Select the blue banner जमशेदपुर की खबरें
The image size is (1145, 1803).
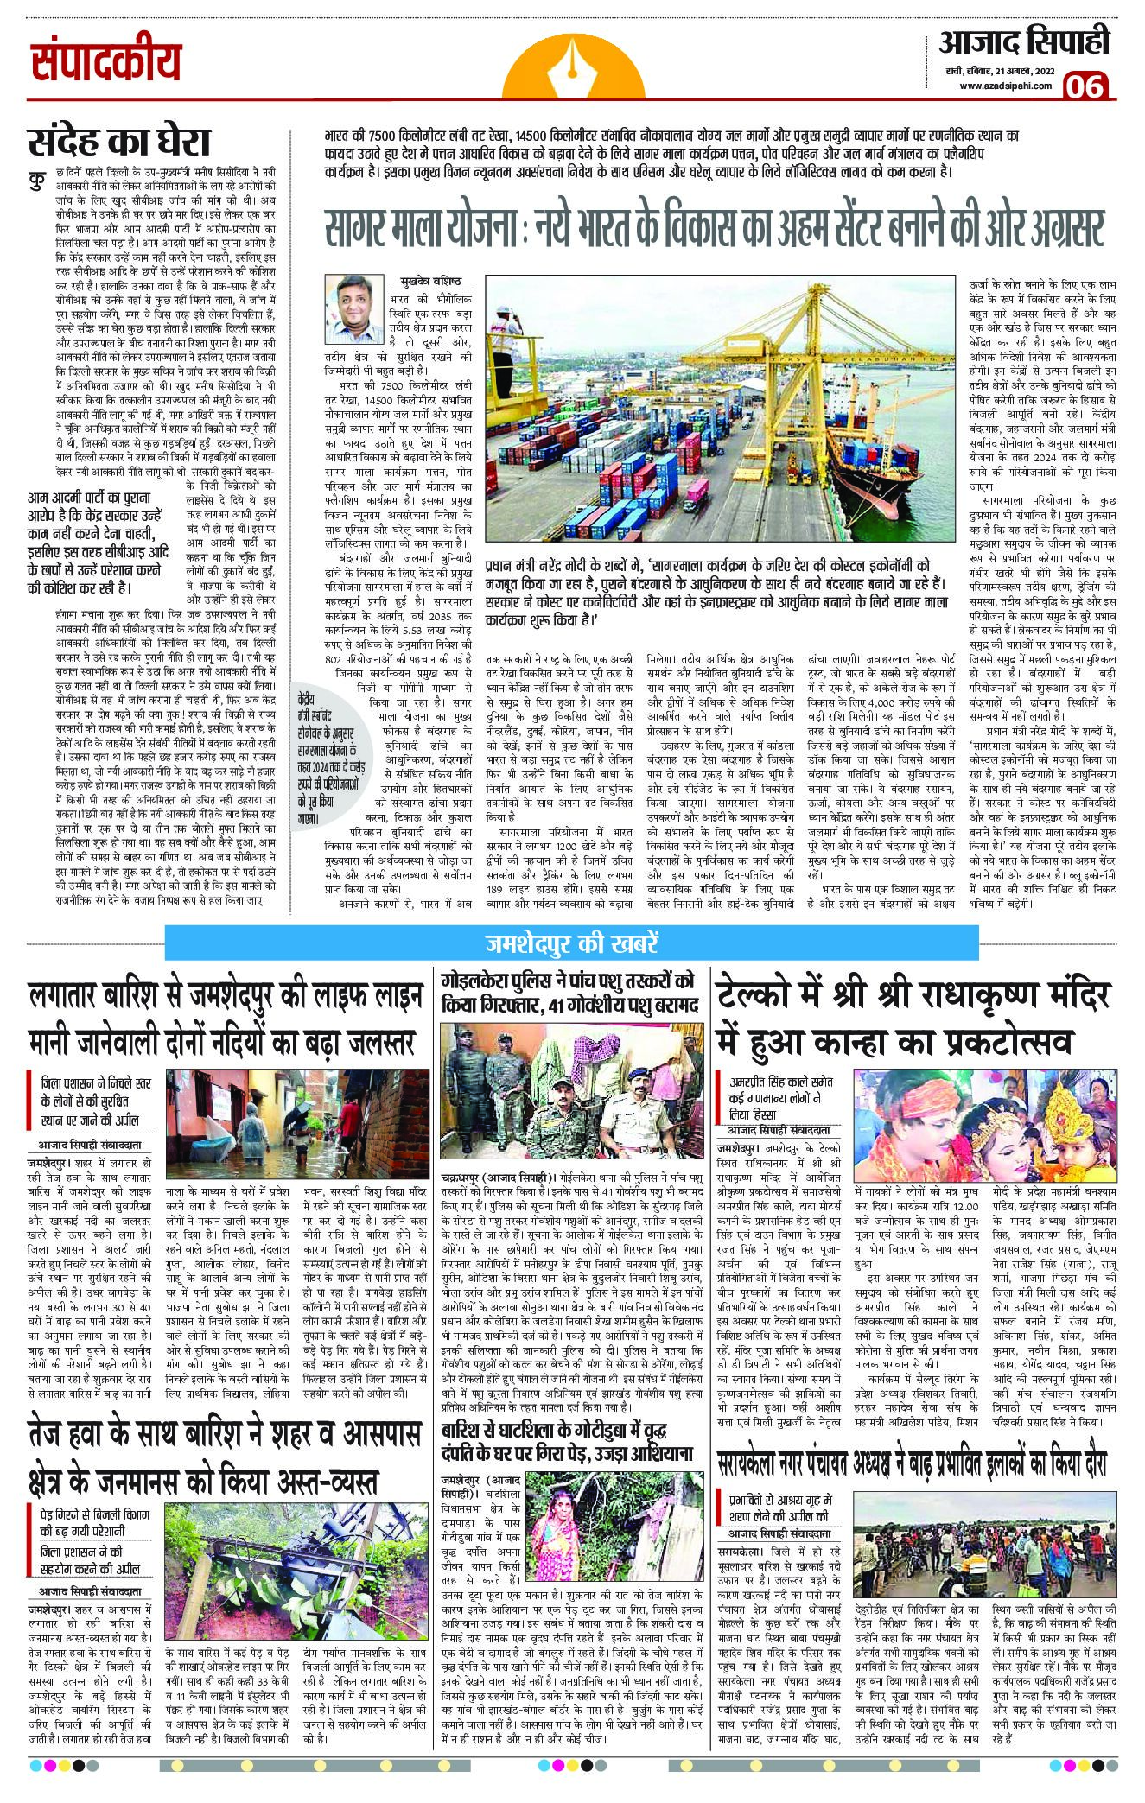572,940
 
